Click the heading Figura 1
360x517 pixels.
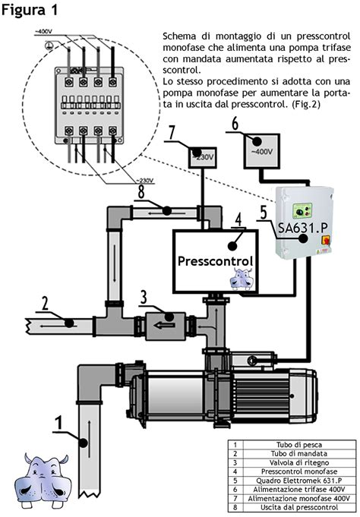tap(33, 11)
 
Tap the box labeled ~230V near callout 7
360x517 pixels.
tap(203, 157)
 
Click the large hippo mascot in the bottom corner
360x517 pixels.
tap(44, 482)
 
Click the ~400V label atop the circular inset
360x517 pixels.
tap(44, 30)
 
